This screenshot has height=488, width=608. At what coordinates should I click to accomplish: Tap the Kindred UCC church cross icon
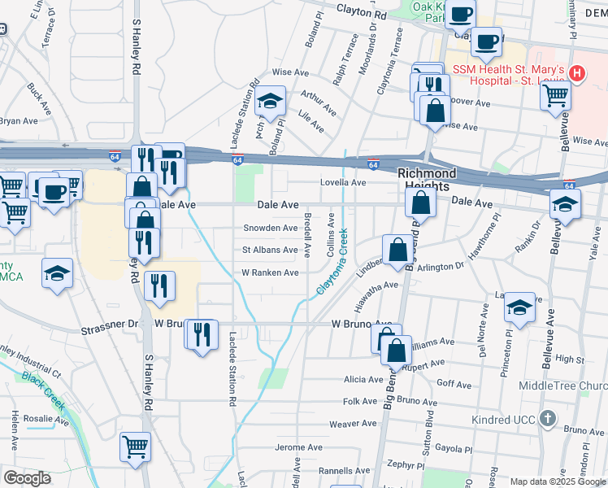click(x=549, y=420)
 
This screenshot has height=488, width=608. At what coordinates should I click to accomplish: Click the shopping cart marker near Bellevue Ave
click(x=556, y=95)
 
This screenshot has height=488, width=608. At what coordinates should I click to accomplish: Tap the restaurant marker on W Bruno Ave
click(x=202, y=333)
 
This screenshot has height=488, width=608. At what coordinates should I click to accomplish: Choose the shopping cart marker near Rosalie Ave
click(x=135, y=446)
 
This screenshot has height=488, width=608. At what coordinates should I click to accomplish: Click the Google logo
click(x=27, y=478)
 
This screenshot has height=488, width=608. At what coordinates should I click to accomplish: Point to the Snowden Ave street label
click(x=270, y=228)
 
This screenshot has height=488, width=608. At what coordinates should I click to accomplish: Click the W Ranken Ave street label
click(x=270, y=272)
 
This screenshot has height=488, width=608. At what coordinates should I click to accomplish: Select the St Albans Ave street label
click(x=270, y=250)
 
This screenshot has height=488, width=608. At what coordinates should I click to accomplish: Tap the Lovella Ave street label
click(x=342, y=183)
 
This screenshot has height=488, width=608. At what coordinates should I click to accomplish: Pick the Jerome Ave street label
click(x=300, y=447)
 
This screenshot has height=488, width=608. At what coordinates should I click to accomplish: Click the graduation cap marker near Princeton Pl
click(x=519, y=307)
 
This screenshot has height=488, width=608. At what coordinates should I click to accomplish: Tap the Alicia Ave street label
click(x=363, y=380)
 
